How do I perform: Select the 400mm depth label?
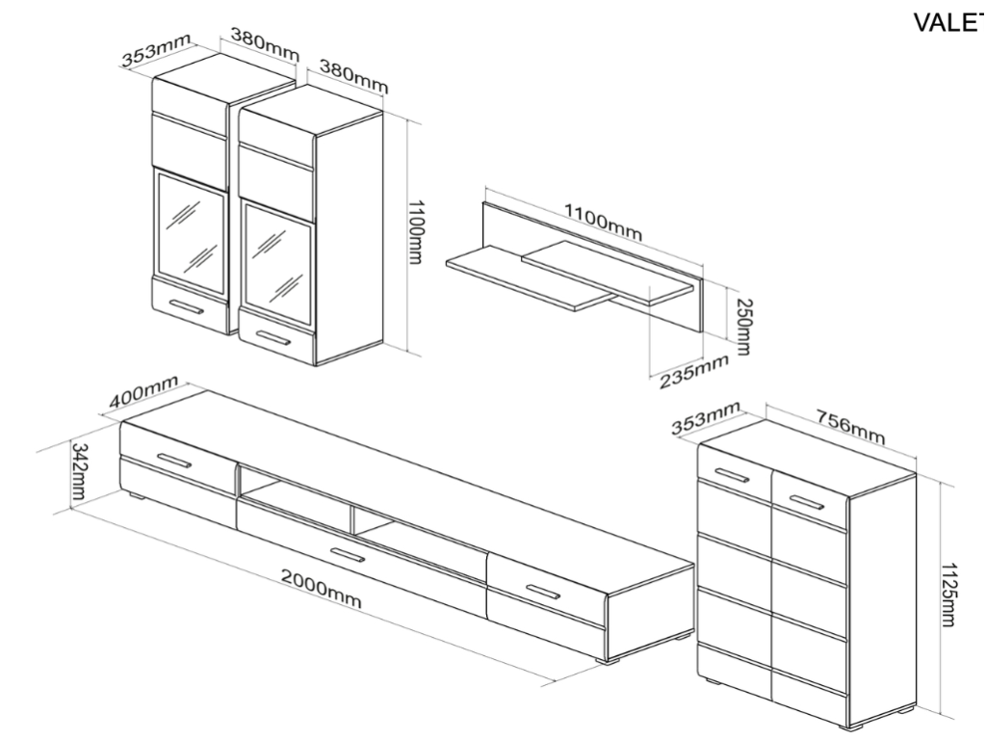click(x=143, y=396)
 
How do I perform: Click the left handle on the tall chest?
click(x=733, y=474)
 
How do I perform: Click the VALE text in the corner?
click(x=947, y=23)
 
